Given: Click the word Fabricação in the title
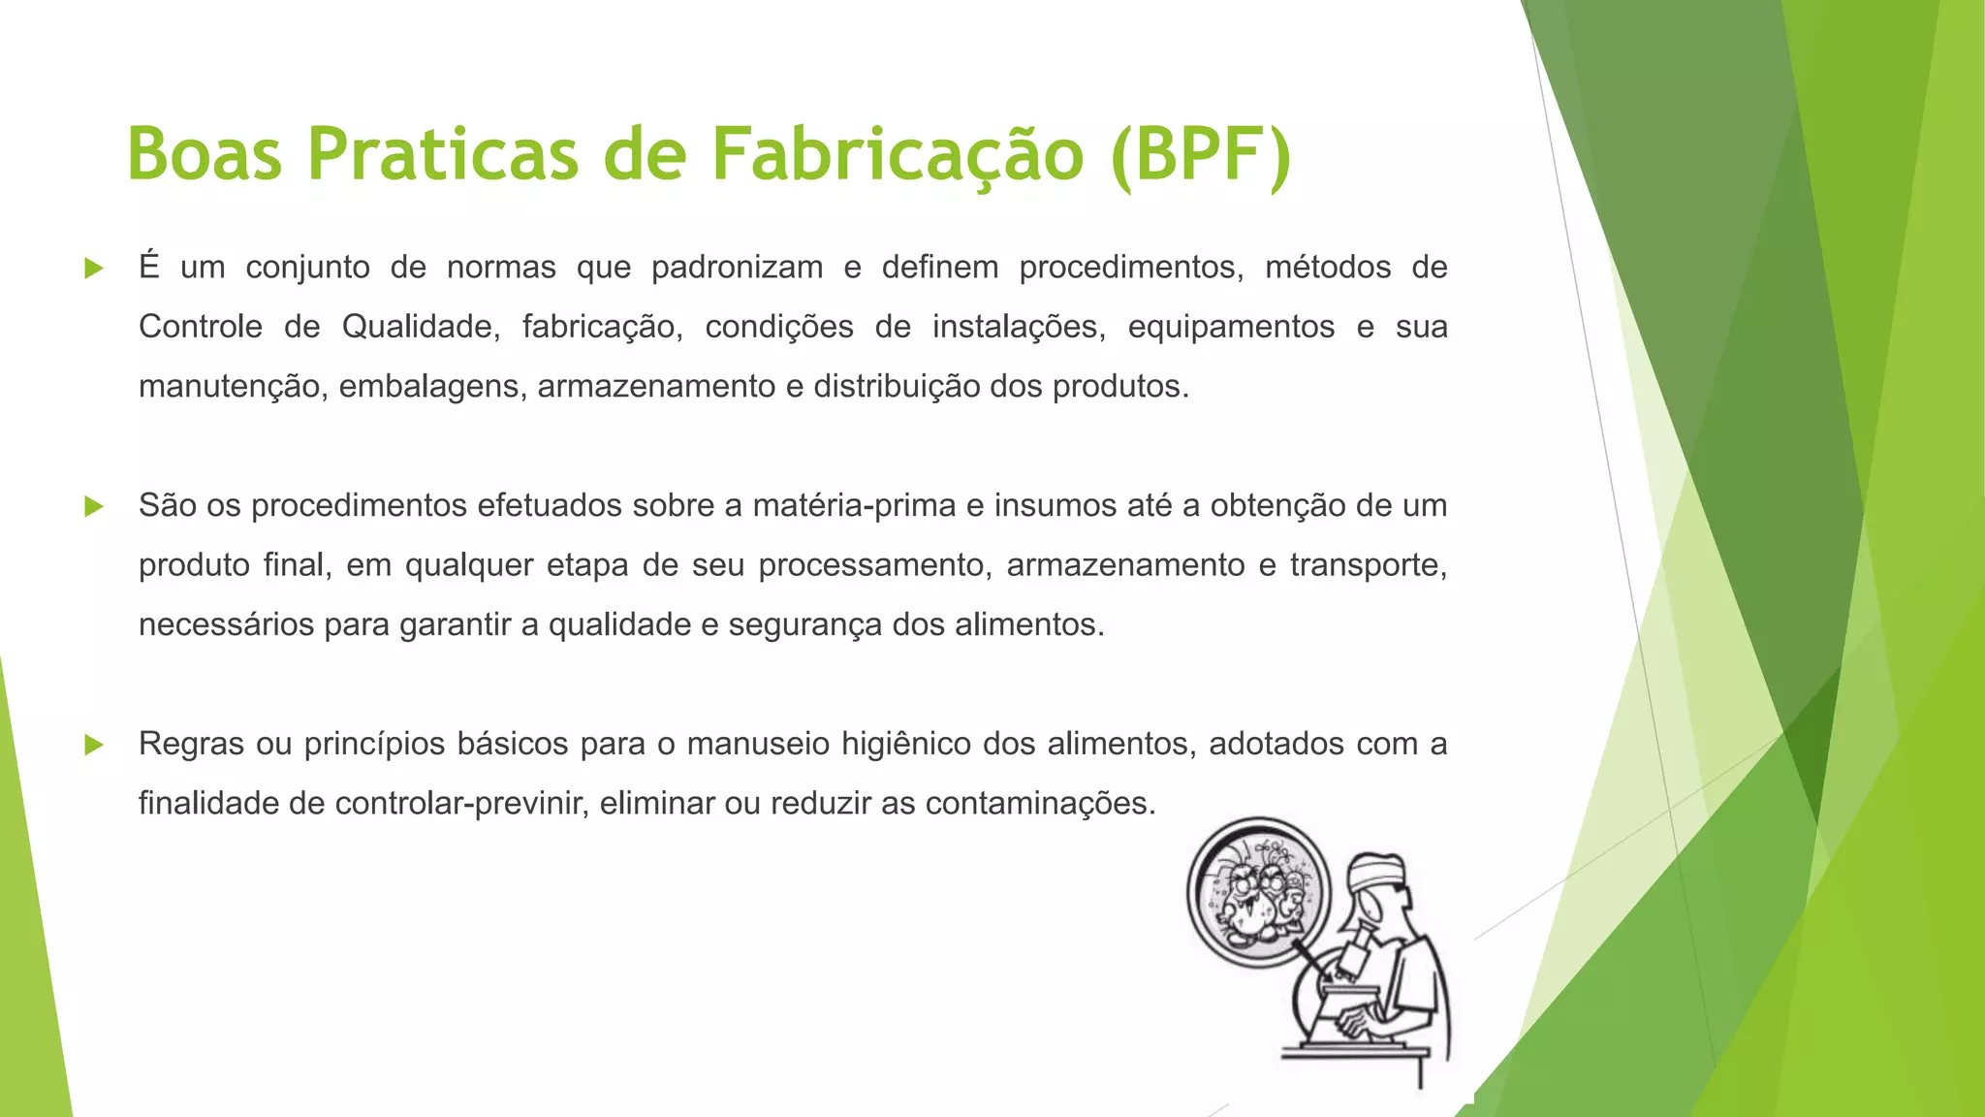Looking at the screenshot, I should click(897, 154).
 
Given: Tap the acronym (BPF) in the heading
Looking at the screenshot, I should click(1202, 154).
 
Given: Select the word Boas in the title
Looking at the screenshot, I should click(205, 154).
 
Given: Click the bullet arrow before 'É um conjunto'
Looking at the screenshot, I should click(94, 269).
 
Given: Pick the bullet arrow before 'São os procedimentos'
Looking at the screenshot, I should click(94, 506).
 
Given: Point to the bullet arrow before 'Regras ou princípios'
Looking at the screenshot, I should click(94, 745).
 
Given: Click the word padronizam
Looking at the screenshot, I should click(737, 269).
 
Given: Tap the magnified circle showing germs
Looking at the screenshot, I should click(1260, 892).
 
